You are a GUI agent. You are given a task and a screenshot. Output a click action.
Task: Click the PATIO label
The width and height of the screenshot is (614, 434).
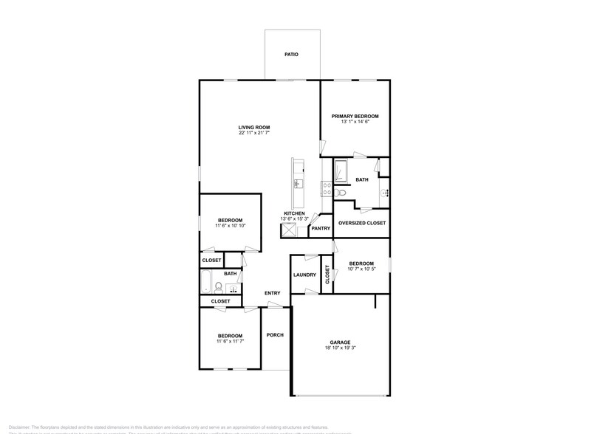coord(292,55)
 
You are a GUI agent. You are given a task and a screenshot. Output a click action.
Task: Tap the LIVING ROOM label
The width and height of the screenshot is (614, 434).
coord(253,127)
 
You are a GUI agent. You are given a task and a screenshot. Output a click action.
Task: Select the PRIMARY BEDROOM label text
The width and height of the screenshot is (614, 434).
coord(355,116)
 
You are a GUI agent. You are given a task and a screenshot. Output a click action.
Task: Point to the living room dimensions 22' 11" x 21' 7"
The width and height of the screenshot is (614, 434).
coord(253,134)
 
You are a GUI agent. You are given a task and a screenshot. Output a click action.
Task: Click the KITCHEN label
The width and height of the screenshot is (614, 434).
coord(294,213)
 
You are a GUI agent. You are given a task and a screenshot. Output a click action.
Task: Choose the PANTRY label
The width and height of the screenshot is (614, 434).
coord(321,228)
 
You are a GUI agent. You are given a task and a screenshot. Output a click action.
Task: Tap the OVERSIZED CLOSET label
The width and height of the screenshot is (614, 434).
coord(361,223)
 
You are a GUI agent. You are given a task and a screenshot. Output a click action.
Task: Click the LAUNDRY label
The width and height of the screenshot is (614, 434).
coord(304,275)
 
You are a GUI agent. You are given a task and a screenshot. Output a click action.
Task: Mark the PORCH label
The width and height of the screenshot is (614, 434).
coord(275,335)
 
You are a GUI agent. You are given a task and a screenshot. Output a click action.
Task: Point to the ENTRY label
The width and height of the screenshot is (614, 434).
coord(272,294)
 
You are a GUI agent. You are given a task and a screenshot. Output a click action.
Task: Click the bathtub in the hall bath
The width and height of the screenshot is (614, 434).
coord(207,282)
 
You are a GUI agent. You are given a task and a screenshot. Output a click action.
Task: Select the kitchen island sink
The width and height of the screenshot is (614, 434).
coord(298,183)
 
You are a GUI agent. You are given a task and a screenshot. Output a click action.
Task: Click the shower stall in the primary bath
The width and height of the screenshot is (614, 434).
coord(342,172)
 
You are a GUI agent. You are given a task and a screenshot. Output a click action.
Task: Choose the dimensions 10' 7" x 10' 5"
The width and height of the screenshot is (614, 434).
coord(361,269)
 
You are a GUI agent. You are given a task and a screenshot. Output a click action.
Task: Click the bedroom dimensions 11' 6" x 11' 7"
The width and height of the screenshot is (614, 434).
coord(230,342)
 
